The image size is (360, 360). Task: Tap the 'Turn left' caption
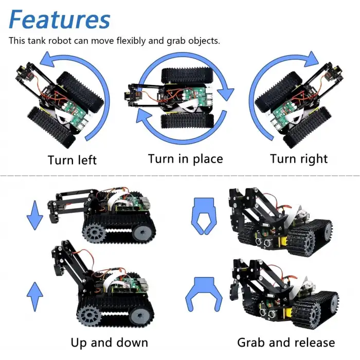coord(72,160)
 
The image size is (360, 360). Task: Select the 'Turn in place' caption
coord(185,158)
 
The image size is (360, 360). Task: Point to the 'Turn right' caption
coord(299,158)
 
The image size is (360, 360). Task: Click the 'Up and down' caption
coord(109,343)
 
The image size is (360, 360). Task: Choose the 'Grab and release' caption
coord(286,343)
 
